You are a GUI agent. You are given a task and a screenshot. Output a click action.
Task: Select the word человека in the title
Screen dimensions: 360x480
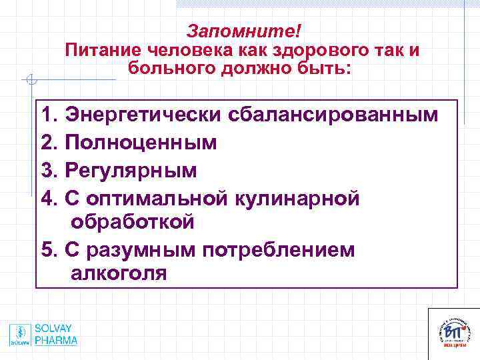180,51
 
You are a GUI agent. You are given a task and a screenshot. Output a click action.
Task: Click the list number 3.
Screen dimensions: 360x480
47,170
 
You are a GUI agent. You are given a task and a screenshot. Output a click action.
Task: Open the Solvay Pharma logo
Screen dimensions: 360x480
43,335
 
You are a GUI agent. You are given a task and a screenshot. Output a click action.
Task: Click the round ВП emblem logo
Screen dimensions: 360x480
453,331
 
